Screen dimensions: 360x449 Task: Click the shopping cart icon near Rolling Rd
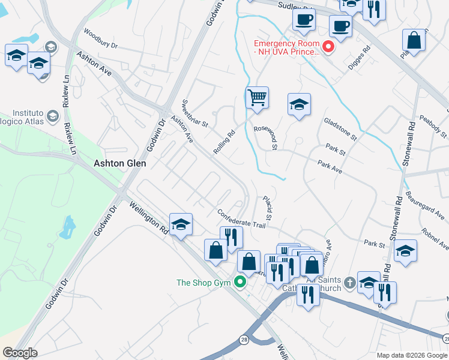tap(257, 97)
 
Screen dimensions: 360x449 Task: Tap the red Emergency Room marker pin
tap(328, 47)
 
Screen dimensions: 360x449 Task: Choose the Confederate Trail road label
tap(241, 218)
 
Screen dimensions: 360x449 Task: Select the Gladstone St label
tap(340, 129)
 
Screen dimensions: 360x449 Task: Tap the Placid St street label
tap(268, 207)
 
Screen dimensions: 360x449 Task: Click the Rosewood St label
tap(265, 137)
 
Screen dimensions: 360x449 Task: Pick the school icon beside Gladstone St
tap(298, 104)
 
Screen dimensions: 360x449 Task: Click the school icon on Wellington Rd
tap(181, 224)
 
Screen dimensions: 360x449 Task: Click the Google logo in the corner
tap(20, 352)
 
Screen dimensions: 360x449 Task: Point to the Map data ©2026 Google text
tap(411, 355)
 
